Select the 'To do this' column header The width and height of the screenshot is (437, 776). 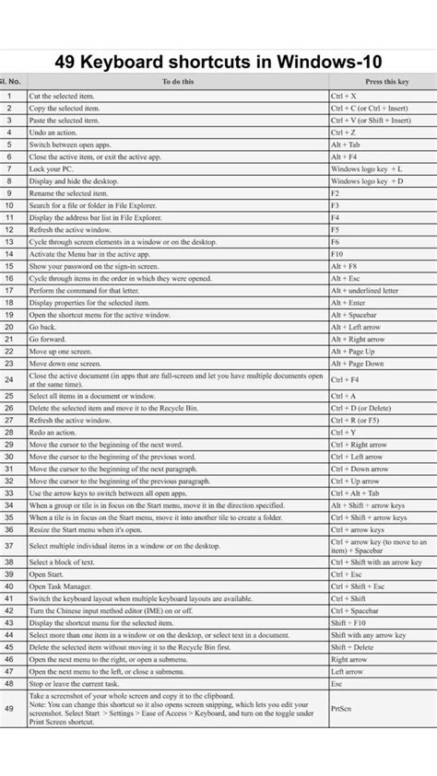pos(177,82)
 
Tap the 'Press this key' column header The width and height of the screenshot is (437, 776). pos(380,82)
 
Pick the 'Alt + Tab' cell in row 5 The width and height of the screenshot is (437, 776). pos(346,145)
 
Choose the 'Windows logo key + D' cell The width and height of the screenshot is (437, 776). pos(365,181)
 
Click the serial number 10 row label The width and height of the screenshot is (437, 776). pos(9,205)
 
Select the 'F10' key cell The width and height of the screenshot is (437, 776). pos(337,254)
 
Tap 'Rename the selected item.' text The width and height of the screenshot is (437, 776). pos(68,193)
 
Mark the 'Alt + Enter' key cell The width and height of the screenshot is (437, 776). pos(348,302)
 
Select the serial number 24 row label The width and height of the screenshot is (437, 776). pos(9,379)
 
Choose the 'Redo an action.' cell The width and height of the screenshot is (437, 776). pos(54,432)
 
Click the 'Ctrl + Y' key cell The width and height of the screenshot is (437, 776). pos(344,432)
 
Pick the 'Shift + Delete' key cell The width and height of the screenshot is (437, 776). pos(351,647)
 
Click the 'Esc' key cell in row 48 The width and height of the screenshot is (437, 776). pos(337,684)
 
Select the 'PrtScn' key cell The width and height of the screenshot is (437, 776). pos(341,709)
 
